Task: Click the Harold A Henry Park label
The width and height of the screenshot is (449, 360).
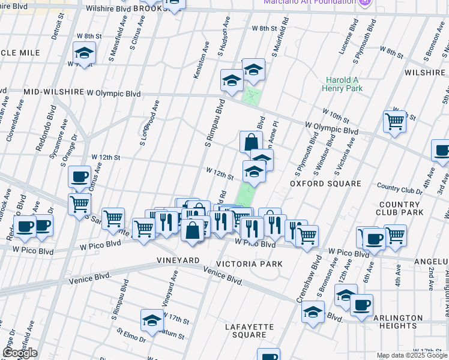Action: pyautogui.click(x=344, y=84)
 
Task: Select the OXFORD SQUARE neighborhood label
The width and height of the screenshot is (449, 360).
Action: pyautogui.click(x=325, y=184)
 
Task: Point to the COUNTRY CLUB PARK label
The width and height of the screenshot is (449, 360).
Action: pyautogui.click(x=402, y=208)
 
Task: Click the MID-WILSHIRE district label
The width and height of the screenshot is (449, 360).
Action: pyautogui.click(x=53, y=93)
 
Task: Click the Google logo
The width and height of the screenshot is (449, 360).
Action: pyautogui.click(x=20, y=353)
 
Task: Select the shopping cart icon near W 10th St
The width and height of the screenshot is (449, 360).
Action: pyautogui.click(x=394, y=121)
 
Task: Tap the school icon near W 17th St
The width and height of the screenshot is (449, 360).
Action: pyautogui.click(x=152, y=320)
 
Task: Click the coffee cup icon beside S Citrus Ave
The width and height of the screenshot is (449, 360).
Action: pyautogui.click(x=79, y=176)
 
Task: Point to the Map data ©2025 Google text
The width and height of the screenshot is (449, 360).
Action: pyautogui.click(x=411, y=355)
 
